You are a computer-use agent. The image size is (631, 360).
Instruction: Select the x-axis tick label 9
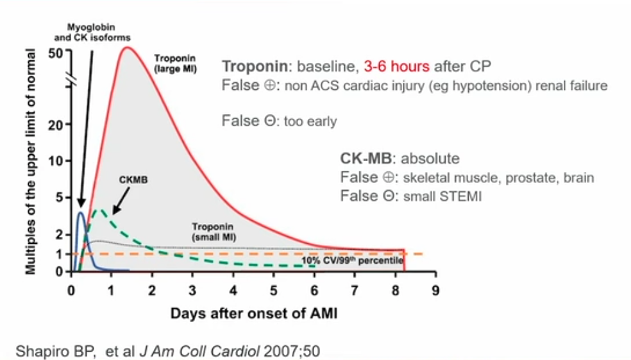[x=435, y=289]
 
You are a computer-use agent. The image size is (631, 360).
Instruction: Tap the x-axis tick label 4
[x=233, y=289]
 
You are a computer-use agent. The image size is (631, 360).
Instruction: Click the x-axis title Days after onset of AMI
[x=253, y=314]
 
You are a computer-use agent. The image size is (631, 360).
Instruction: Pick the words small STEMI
[x=442, y=196]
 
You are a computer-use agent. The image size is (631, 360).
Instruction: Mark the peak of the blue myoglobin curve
[x=80, y=212]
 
